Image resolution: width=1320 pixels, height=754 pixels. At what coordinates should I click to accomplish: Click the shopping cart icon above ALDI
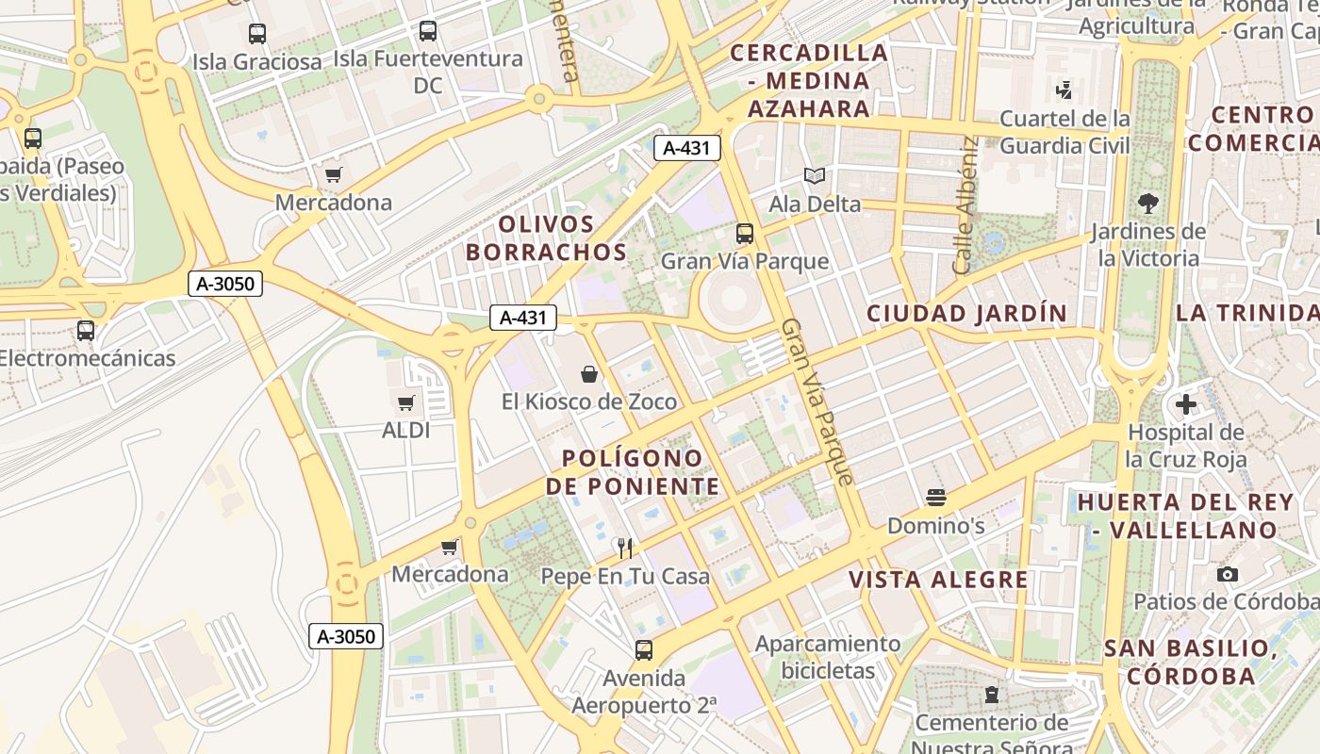pyautogui.click(x=406, y=403)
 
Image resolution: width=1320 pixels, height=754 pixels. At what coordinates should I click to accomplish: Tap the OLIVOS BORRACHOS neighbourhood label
pyautogui.click(x=546, y=238)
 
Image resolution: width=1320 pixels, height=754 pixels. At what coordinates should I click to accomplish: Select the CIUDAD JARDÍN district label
pyautogui.click(x=966, y=314)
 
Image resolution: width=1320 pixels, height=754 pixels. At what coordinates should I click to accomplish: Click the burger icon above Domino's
pyautogui.click(x=936, y=497)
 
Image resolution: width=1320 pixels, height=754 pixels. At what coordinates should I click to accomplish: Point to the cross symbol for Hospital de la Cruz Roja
pyautogui.click(x=1185, y=405)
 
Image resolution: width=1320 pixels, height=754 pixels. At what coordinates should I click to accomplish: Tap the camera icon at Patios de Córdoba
pyautogui.click(x=1227, y=574)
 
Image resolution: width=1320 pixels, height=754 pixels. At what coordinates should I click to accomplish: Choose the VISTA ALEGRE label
pyautogui.click(x=938, y=580)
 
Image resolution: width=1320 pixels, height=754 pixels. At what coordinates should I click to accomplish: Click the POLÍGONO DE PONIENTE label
pyautogui.click(x=633, y=472)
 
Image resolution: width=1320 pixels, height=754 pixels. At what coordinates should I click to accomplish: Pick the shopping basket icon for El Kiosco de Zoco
pyautogui.click(x=589, y=374)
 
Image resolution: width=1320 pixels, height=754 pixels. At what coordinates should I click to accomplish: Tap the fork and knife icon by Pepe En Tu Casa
pyautogui.click(x=623, y=548)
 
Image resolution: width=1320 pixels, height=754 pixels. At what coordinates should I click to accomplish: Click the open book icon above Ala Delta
pyautogui.click(x=815, y=176)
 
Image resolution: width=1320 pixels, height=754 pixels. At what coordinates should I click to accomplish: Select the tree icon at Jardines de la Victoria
pyautogui.click(x=1148, y=203)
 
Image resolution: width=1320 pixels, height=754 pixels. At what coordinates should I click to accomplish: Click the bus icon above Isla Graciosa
pyautogui.click(x=257, y=34)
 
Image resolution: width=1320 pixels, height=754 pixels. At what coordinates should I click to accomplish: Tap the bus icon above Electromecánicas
pyautogui.click(x=86, y=331)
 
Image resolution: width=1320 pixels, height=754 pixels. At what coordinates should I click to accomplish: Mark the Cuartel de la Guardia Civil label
pyautogui.click(x=1064, y=132)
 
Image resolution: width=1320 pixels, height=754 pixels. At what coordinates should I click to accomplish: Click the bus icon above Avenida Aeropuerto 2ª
pyautogui.click(x=644, y=649)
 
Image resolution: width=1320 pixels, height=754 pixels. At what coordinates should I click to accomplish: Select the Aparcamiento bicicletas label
pyautogui.click(x=828, y=657)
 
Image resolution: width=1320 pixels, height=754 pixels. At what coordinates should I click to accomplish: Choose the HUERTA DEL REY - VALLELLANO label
pyautogui.click(x=1178, y=516)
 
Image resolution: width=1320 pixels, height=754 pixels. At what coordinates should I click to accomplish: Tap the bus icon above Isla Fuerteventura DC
pyautogui.click(x=428, y=31)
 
